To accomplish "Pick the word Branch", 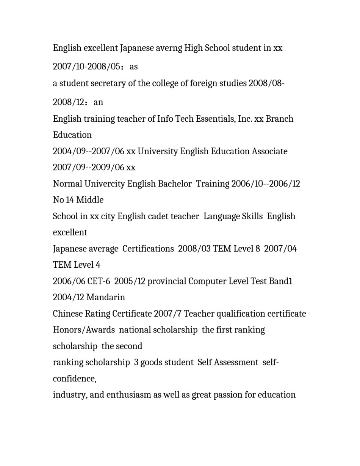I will click(279, 119).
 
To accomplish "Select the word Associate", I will click(270, 151).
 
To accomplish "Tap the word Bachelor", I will click(175, 184).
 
